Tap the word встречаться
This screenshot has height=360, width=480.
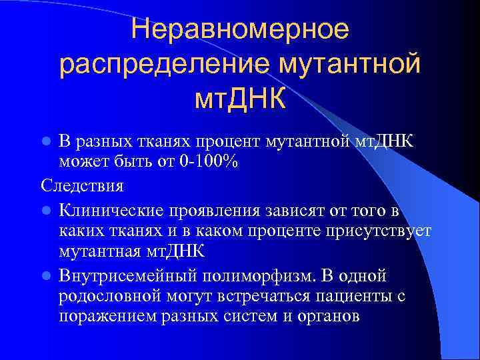[244, 296]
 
